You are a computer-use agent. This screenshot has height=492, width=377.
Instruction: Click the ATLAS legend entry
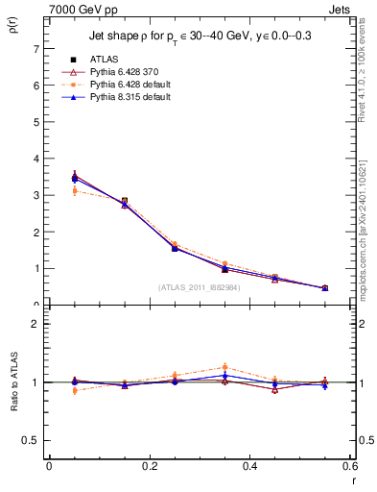coord(104,59)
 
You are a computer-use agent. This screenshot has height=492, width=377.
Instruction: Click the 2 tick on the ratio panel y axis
coord(35,324)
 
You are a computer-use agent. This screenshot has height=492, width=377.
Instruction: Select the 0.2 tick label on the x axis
coord(149,466)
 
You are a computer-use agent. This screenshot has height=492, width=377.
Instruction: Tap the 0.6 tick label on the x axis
coord(349,466)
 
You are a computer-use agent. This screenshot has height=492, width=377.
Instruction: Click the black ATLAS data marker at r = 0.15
coord(124,201)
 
